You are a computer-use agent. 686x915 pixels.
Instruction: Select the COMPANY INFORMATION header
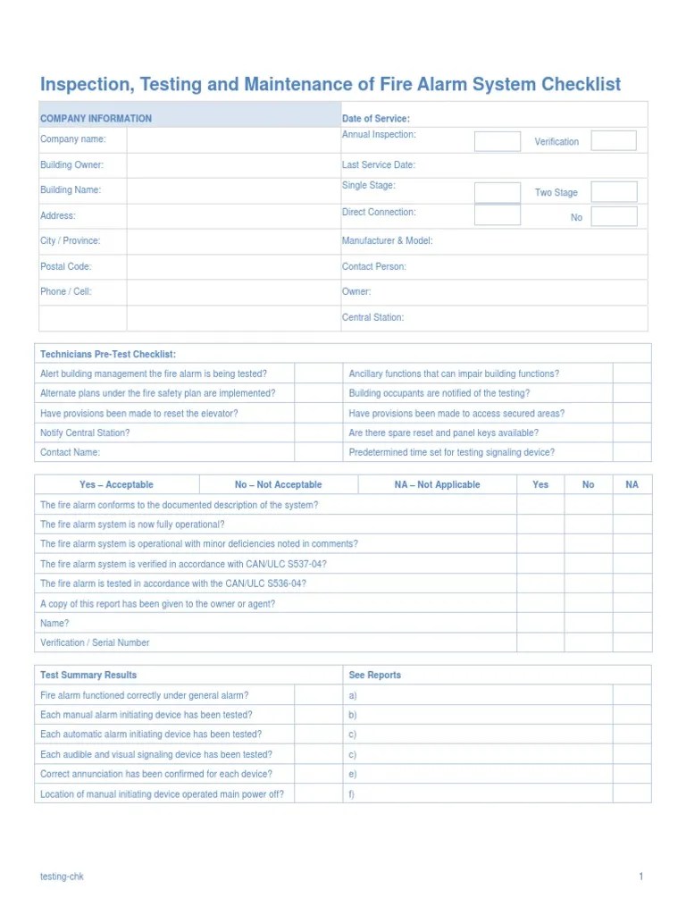pyautogui.click(x=96, y=118)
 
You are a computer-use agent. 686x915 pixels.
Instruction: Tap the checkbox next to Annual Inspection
pyautogui.click(x=497, y=141)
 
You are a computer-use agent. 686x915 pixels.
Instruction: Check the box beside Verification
pyautogui.click(x=614, y=140)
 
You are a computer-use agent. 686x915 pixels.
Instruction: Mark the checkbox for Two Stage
pyautogui.click(x=614, y=192)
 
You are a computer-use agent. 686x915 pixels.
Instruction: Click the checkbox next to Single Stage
pyautogui.click(x=497, y=192)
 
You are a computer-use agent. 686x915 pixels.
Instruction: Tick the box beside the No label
pyautogui.click(x=614, y=216)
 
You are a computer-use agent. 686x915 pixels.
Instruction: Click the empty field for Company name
pyautogui.click(x=233, y=139)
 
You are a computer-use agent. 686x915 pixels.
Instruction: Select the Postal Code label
pyautogui.click(x=66, y=266)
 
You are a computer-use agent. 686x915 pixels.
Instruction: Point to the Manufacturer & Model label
pyautogui.click(x=387, y=241)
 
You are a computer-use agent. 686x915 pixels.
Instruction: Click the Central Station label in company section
pyautogui.click(x=372, y=317)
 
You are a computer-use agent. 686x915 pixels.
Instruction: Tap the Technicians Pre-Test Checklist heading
pyautogui.click(x=108, y=355)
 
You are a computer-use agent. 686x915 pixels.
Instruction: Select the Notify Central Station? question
pyautogui.click(x=85, y=432)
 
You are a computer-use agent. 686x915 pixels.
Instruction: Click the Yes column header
pyautogui.click(x=540, y=484)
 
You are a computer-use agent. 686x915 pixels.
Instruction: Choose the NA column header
pyautogui.click(x=632, y=484)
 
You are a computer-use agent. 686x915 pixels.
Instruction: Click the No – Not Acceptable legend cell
pyautogui.click(x=278, y=484)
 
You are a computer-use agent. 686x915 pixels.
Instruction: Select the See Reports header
pyautogui.click(x=374, y=675)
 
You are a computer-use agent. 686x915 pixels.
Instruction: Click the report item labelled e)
pyautogui.click(x=353, y=774)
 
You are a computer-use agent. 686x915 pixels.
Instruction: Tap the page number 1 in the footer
pyautogui.click(x=640, y=877)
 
